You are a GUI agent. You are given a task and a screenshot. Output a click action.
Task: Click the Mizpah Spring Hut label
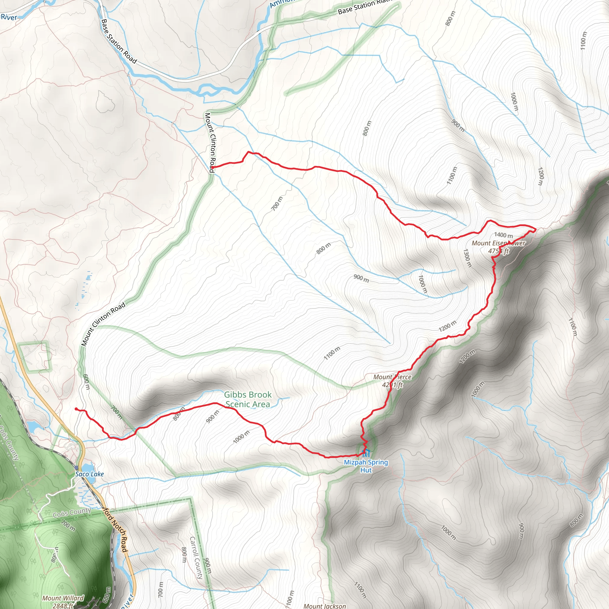click(x=366, y=466)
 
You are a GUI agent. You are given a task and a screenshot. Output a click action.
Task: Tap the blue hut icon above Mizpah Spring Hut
click(x=366, y=453)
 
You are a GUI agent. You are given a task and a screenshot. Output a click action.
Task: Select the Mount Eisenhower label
click(x=498, y=247)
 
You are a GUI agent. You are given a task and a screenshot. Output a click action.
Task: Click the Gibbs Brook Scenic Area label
click(x=248, y=399)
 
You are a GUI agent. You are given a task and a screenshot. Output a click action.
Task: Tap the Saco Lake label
click(x=90, y=474)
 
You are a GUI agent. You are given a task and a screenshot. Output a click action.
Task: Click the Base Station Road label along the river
click(x=119, y=41)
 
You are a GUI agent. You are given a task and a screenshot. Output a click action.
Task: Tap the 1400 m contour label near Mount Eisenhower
click(x=503, y=235)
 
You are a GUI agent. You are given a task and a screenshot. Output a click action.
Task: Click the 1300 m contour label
click(x=467, y=258)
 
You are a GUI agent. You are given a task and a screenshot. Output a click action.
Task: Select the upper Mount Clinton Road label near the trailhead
click(x=210, y=142)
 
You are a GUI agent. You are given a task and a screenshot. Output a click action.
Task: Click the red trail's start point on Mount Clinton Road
click(x=211, y=167)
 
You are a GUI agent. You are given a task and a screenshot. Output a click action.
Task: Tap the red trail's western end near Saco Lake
click(x=76, y=409)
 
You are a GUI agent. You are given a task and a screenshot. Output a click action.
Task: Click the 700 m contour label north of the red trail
click(x=277, y=203)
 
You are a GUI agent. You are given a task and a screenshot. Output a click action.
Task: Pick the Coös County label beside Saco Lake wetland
click(x=72, y=513)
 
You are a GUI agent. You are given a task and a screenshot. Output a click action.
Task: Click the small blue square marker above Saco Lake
click(x=77, y=467)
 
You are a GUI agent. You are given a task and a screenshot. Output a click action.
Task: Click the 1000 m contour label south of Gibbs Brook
click(x=241, y=437)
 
